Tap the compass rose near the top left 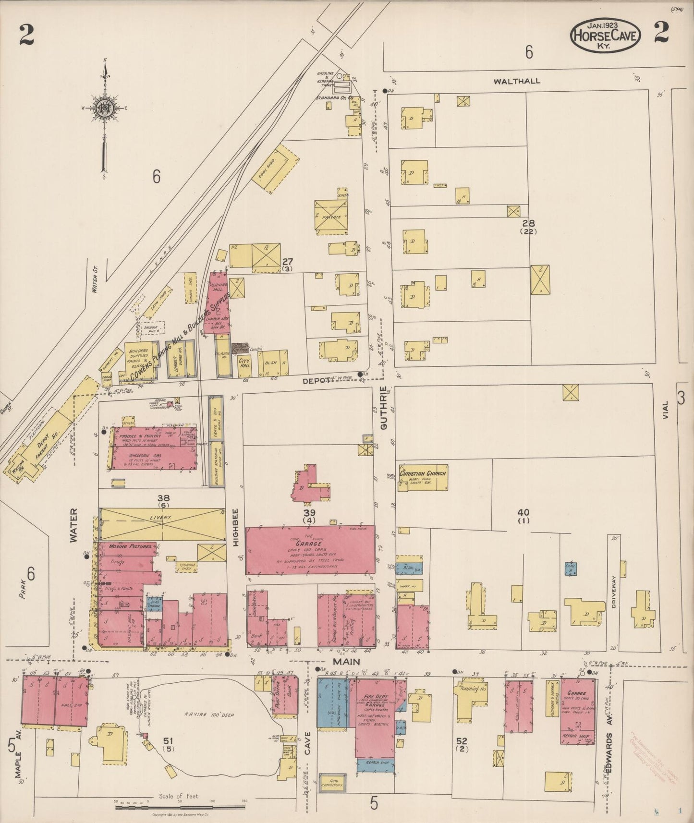click(104, 108)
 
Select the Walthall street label click(517, 81)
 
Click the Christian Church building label click(423, 473)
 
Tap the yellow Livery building click(162, 523)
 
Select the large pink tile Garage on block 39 click(310, 550)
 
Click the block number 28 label click(528, 223)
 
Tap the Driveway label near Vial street click(614, 593)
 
